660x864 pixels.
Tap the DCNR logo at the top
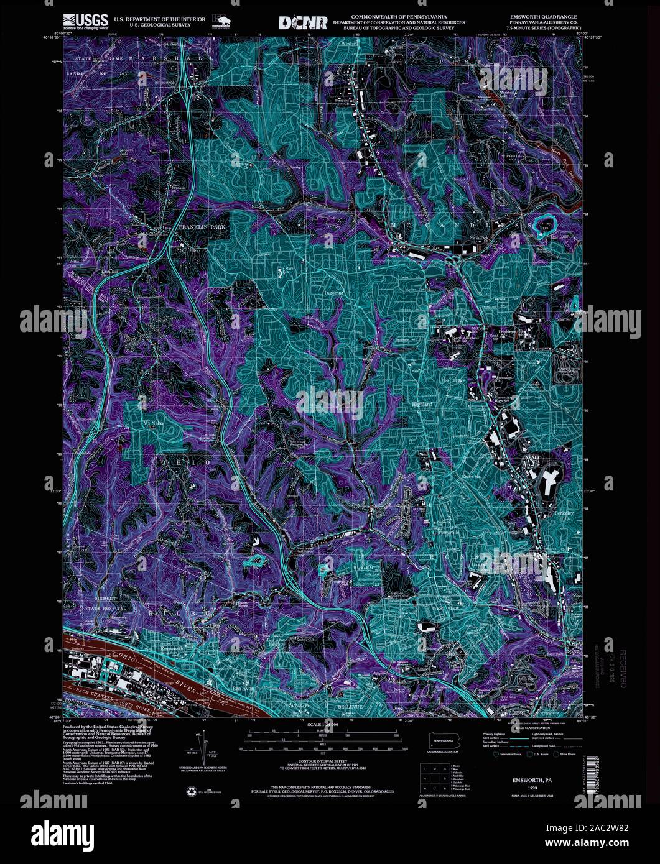302,22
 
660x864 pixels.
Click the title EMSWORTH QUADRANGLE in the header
542,17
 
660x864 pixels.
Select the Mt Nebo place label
152,423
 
